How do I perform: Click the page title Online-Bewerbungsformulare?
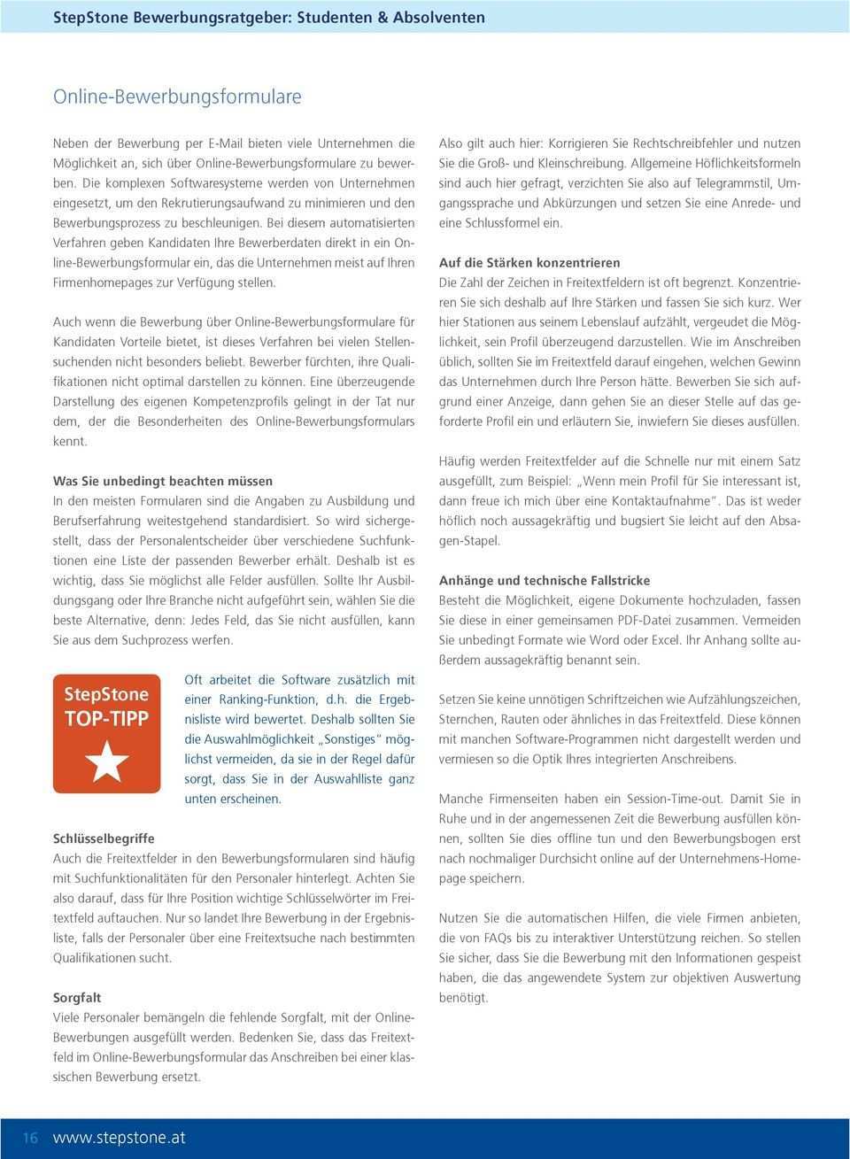(177, 96)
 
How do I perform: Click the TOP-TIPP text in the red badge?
(106, 718)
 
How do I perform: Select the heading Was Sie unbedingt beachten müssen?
(163, 482)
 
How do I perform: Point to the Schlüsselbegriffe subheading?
(104, 838)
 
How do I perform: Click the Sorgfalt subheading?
(77, 997)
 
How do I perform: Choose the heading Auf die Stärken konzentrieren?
(529, 263)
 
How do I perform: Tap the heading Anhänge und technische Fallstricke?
(545, 581)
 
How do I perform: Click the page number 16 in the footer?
(30, 1139)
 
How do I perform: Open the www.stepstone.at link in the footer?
(120, 1139)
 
